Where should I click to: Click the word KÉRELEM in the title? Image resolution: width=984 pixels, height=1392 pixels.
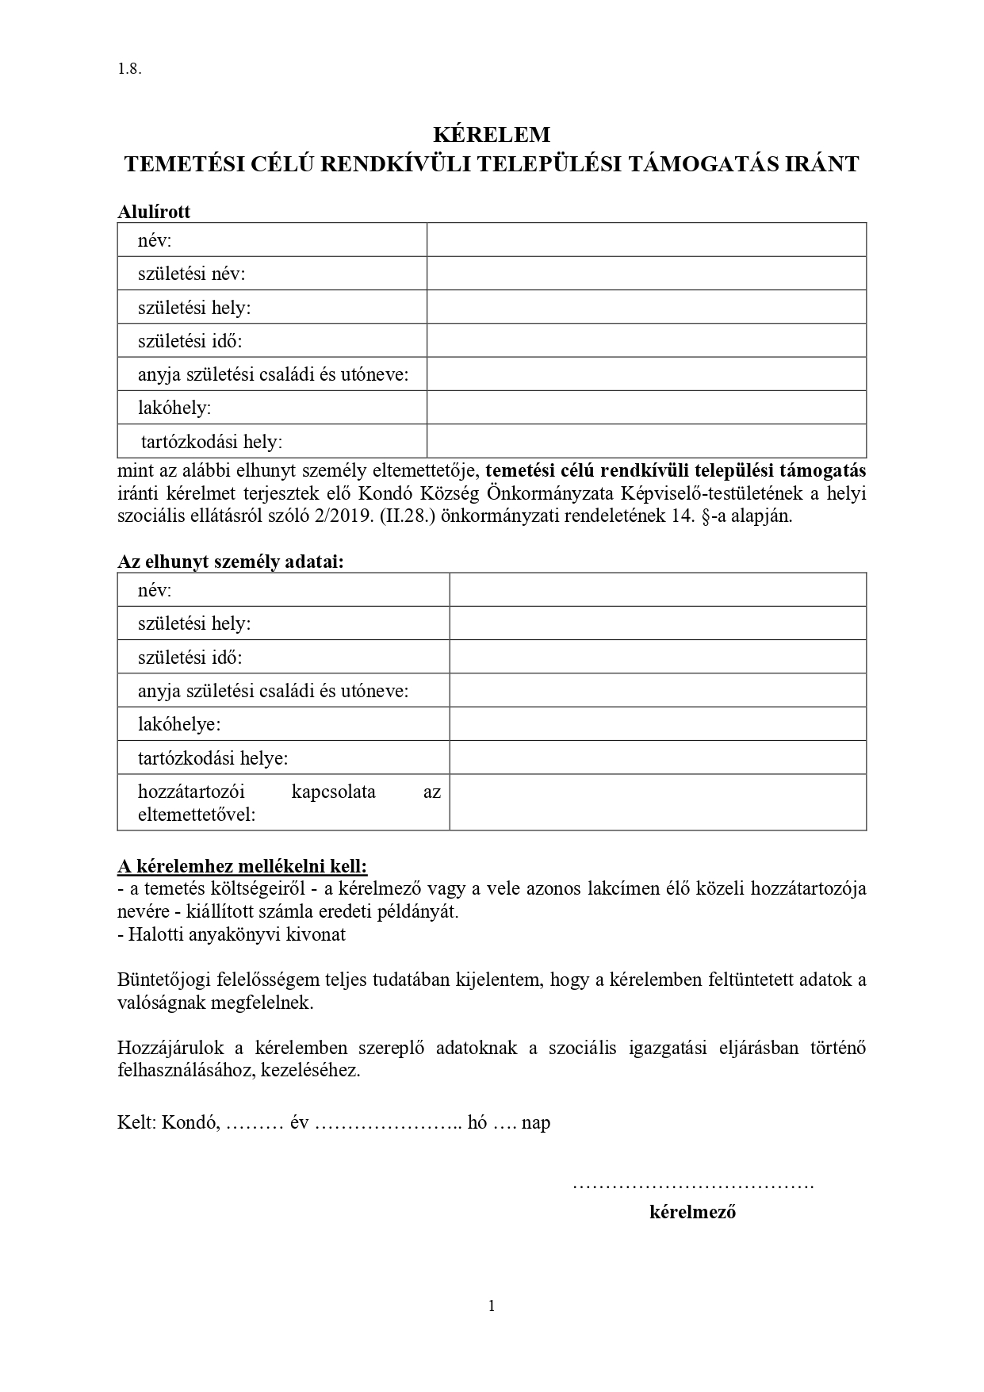click(x=492, y=134)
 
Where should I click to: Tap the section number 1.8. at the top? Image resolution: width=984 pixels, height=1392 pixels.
click(x=129, y=68)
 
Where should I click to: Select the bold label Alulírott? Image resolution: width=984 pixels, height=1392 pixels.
click(x=154, y=212)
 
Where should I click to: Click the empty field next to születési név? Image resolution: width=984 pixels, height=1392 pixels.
click(x=646, y=274)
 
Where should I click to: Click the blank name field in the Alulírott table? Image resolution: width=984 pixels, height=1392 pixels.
click(x=646, y=240)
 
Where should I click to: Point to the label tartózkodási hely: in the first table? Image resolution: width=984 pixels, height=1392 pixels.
click(x=211, y=441)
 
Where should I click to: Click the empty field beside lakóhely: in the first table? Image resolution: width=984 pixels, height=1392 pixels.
click(x=646, y=408)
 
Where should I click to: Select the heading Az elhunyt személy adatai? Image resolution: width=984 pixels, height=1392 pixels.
click(x=231, y=562)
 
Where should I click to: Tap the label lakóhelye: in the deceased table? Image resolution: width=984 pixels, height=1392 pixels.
click(x=179, y=724)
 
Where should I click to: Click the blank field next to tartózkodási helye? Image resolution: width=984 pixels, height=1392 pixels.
click(x=657, y=758)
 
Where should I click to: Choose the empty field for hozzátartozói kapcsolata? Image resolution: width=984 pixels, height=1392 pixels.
click(x=657, y=803)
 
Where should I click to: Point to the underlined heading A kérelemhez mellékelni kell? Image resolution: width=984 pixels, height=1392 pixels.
click(x=243, y=865)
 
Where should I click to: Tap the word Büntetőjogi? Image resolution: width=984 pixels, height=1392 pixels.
click(x=162, y=980)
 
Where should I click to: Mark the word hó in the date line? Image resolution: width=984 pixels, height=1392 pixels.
click(x=477, y=1122)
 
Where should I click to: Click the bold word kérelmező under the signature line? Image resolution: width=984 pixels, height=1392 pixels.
click(x=692, y=1212)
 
